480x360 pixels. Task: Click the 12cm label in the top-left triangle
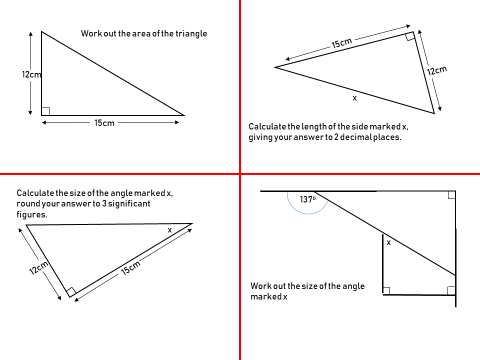31,74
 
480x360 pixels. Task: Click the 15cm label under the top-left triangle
104,123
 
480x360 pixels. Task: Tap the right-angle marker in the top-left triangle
45,111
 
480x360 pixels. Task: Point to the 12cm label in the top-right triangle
436,70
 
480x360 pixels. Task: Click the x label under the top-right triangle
354,98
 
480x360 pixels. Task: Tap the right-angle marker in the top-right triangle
410,36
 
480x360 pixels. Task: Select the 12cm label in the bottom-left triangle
38,268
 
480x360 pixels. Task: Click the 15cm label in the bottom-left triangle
130,268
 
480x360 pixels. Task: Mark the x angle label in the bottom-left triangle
169,230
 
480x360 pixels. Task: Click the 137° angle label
307,199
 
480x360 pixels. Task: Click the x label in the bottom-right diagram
388,242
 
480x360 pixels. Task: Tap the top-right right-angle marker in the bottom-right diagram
451,195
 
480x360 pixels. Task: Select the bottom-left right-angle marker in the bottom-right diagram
386,290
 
